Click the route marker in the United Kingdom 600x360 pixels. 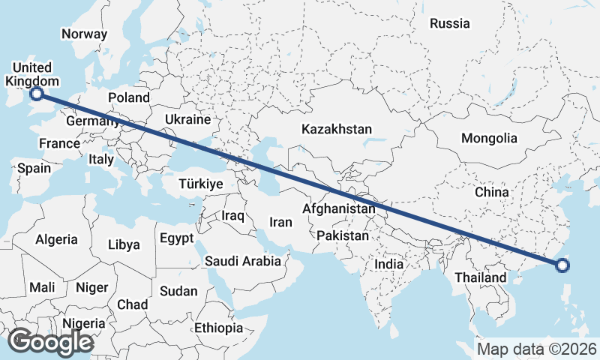tap(36, 94)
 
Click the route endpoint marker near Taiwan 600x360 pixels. tap(563, 264)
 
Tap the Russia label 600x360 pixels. tap(450, 23)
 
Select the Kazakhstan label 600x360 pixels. tap(337, 130)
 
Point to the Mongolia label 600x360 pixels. tap(489, 138)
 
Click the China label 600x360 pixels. tap(492, 192)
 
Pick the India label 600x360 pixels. tap(389, 264)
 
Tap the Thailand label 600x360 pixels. tap(480, 277)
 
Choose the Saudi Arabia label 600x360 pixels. tap(243, 262)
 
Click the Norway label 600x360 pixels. tap(84, 34)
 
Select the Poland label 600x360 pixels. tap(129, 97)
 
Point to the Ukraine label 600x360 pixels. tap(188, 119)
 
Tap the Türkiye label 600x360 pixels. tap(201, 184)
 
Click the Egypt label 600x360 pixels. tap(177, 238)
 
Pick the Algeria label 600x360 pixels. tap(56, 239)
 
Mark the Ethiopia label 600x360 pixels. tap(219, 328)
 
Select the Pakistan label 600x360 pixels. tap(343, 235)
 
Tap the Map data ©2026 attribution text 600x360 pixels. tap(536, 349)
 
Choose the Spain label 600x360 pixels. tap(34, 168)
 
